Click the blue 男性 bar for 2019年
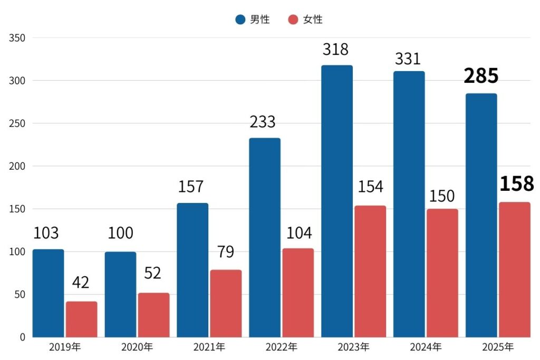pos(48,293)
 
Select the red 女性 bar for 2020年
pos(153,315)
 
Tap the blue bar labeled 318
pos(337,201)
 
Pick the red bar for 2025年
pos(514,270)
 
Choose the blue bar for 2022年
pos(265,238)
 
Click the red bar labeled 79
pos(226,304)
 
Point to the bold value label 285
pos(481,76)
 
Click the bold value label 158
pos(517,184)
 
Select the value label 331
pos(408,59)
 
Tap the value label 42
pos(80,283)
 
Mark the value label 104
pos(298,232)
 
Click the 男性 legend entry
pos(253,20)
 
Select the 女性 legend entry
pos(306,20)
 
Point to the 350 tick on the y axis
pos(17,38)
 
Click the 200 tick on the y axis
pos(17,167)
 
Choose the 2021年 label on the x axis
pos(209,347)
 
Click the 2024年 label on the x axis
pos(426,347)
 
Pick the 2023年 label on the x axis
pos(353,347)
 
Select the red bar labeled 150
pos(442,273)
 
